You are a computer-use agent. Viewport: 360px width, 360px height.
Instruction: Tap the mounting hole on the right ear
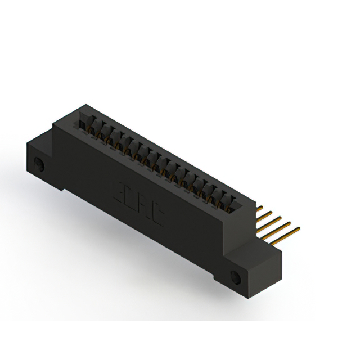click(x=235, y=277)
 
